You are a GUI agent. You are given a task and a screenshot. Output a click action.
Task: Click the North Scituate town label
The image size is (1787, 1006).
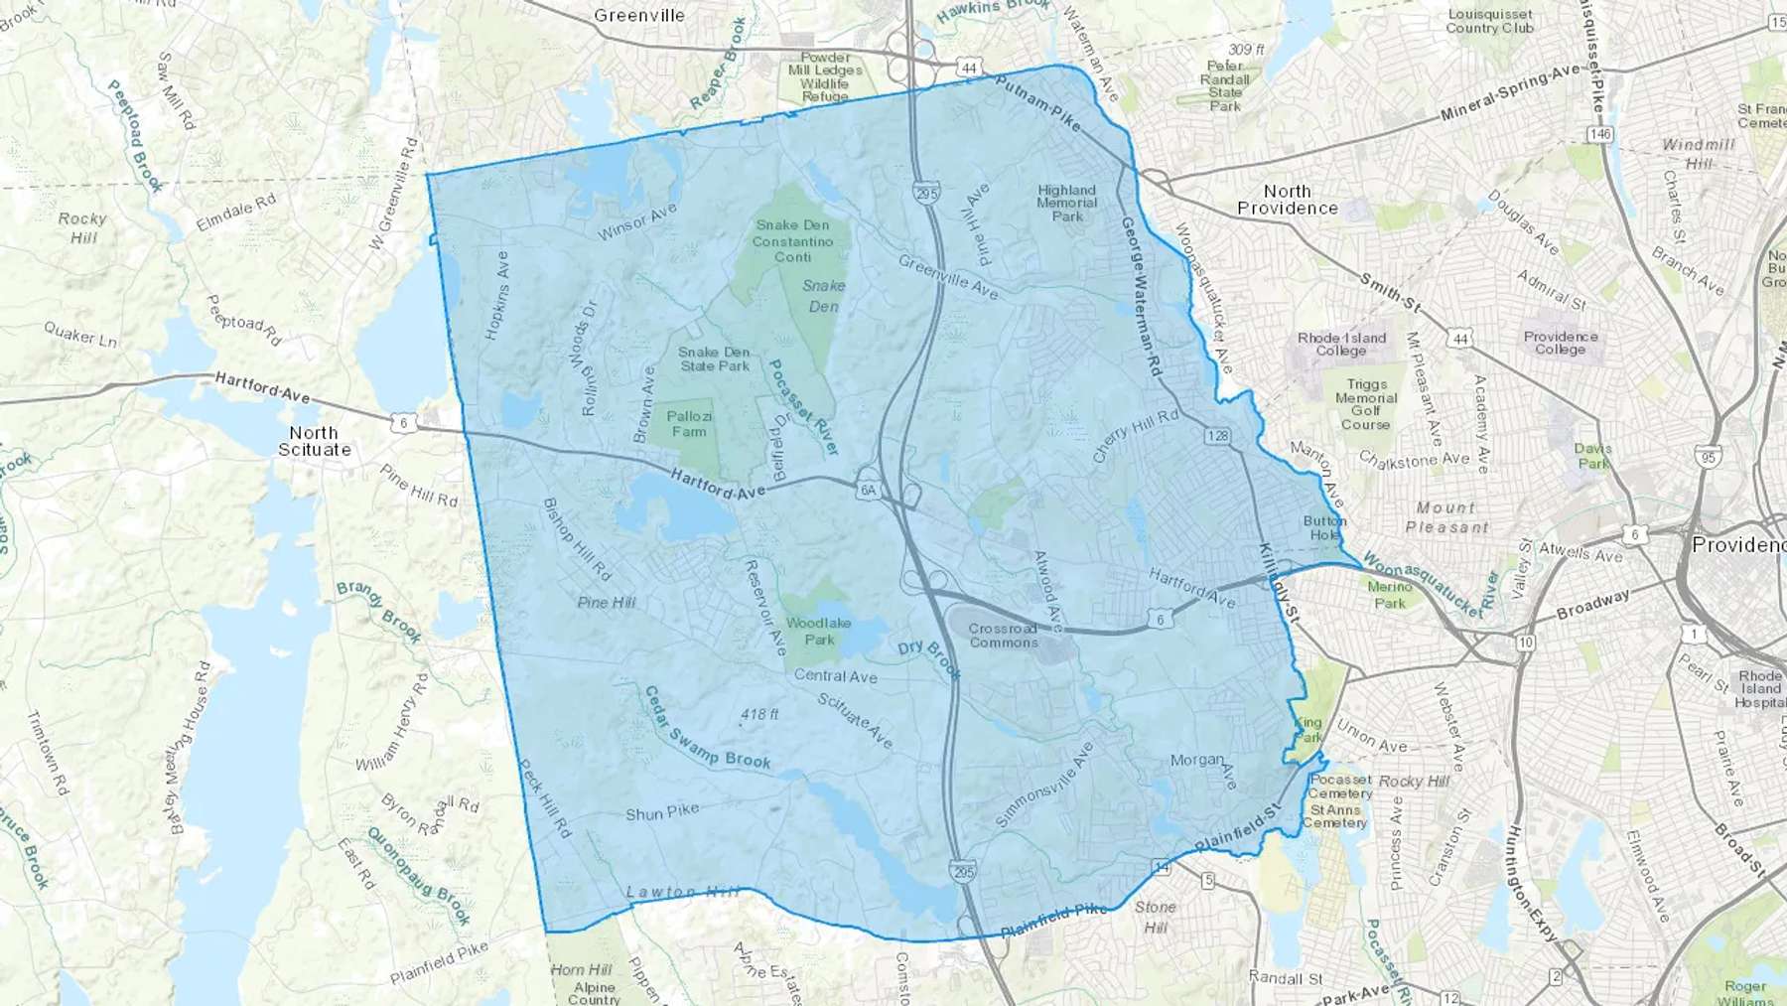pyautogui.click(x=314, y=441)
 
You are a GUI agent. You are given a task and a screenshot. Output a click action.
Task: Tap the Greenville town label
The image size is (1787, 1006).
pyautogui.click(x=639, y=15)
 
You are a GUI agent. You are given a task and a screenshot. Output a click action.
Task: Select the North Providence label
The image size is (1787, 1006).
pyautogui.click(x=1288, y=200)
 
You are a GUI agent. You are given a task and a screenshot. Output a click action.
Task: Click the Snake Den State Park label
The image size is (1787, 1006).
pyautogui.click(x=715, y=359)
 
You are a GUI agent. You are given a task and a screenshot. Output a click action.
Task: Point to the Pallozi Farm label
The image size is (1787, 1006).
pyautogui.click(x=689, y=424)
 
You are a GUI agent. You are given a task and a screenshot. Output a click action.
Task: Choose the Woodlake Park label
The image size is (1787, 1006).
pyautogui.click(x=819, y=632)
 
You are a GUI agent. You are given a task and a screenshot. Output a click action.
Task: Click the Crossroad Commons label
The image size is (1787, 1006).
pyautogui.click(x=1003, y=636)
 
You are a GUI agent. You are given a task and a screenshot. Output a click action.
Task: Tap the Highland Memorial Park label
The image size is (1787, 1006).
pyautogui.click(x=1067, y=203)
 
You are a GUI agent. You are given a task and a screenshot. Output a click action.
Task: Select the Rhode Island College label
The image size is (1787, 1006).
pyautogui.click(x=1341, y=344)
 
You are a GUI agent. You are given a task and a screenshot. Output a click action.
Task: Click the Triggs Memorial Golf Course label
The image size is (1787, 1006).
pyautogui.click(x=1366, y=404)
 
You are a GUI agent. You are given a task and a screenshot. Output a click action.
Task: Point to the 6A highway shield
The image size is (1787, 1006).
pyautogui.click(x=869, y=490)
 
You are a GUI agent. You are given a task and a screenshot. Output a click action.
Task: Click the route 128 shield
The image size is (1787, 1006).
pyautogui.click(x=1218, y=436)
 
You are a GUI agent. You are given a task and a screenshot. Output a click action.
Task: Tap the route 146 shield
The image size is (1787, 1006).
pyautogui.click(x=1599, y=134)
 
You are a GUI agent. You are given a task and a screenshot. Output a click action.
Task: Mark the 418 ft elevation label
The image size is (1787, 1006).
pyautogui.click(x=759, y=714)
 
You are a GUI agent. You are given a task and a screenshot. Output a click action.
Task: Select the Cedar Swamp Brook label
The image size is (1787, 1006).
pyautogui.click(x=707, y=729)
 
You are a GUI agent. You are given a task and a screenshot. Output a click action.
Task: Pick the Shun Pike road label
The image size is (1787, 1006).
pyautogui.click(x=662, y=811)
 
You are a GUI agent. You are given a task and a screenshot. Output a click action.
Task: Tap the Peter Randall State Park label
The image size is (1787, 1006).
pyautogui.click(x=1225, y=85)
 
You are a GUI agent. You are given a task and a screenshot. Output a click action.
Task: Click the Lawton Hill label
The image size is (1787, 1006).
pyautogui.click(x=682, y=892)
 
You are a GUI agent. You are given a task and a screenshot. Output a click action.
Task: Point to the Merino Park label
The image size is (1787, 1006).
pyautogui.click(x=1390, y=595)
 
